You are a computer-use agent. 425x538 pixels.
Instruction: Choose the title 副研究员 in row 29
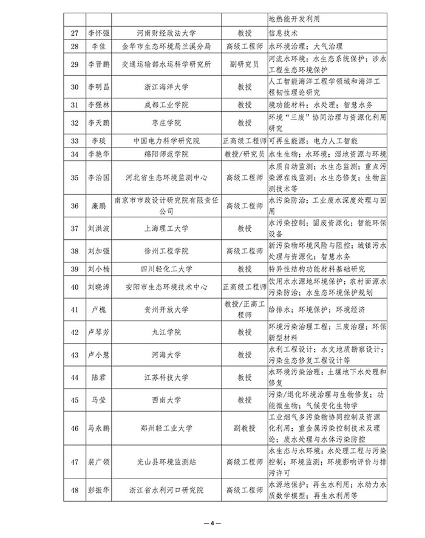[x=244, y=64]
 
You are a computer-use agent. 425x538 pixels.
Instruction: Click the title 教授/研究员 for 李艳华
[x=244, y=154]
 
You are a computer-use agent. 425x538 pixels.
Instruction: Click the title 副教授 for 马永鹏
[x=244, y=428]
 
